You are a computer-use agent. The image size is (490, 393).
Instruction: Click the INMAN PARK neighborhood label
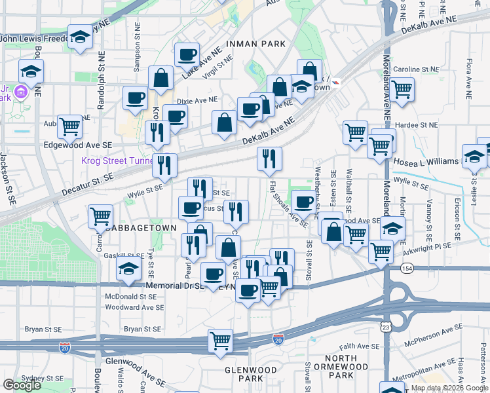(255, 44)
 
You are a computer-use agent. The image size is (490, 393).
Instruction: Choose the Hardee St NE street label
(415, 124)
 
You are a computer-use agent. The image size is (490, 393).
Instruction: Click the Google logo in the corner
(22, 385)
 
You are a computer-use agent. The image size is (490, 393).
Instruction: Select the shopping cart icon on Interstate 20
(221, 340)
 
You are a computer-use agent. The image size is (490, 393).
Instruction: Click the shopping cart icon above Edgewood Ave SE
(69, 126)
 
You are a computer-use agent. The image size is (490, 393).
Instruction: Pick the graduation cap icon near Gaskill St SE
(129, 268)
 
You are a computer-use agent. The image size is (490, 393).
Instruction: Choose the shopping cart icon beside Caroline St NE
(402, 88)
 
